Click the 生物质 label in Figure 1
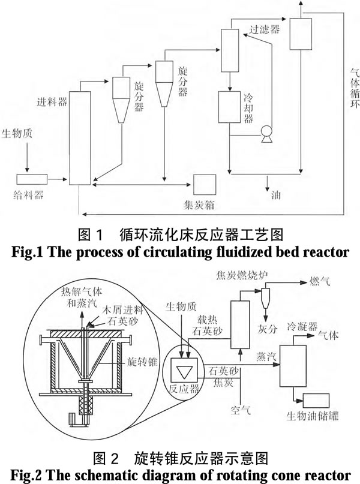17,133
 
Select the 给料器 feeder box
32,179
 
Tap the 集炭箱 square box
205,185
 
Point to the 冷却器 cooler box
229,107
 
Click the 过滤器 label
265,29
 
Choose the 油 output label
276,195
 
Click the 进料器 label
52,101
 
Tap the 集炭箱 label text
199,205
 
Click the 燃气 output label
320,281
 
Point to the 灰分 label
268,329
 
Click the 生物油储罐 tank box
316,401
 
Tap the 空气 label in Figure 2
241,410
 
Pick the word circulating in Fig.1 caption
178,252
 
